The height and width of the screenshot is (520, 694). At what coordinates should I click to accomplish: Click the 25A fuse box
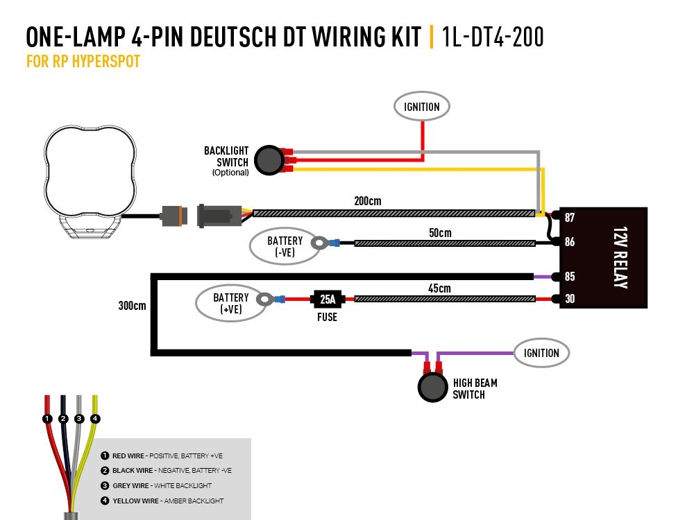click(328, 300)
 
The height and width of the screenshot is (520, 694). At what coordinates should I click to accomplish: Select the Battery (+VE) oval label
click(230, 304)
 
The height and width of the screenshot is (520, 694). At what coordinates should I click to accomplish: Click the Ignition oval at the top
click(422, 107)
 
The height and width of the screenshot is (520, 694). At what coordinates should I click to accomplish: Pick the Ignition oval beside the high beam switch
click(541, 353)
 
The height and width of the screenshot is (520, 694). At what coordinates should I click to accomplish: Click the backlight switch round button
click(268, 160)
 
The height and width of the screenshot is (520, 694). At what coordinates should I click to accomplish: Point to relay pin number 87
click(570, 217)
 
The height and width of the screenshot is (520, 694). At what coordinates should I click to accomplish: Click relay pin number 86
click(570, 243)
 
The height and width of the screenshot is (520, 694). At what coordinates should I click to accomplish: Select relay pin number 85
click(570, 277)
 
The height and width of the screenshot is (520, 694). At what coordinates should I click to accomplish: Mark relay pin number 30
click(570, 300)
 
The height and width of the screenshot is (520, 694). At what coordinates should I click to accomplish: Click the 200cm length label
click(367, 201)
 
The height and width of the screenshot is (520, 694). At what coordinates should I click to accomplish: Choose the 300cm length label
click(132, 306)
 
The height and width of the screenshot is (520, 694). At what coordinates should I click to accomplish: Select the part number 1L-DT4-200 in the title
click(492, 37)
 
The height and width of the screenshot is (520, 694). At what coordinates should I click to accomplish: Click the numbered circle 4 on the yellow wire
click(95, 419)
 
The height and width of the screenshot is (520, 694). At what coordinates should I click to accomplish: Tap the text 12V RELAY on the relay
click(620, 257)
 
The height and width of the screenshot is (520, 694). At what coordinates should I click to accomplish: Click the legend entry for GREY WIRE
click(161, 485)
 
